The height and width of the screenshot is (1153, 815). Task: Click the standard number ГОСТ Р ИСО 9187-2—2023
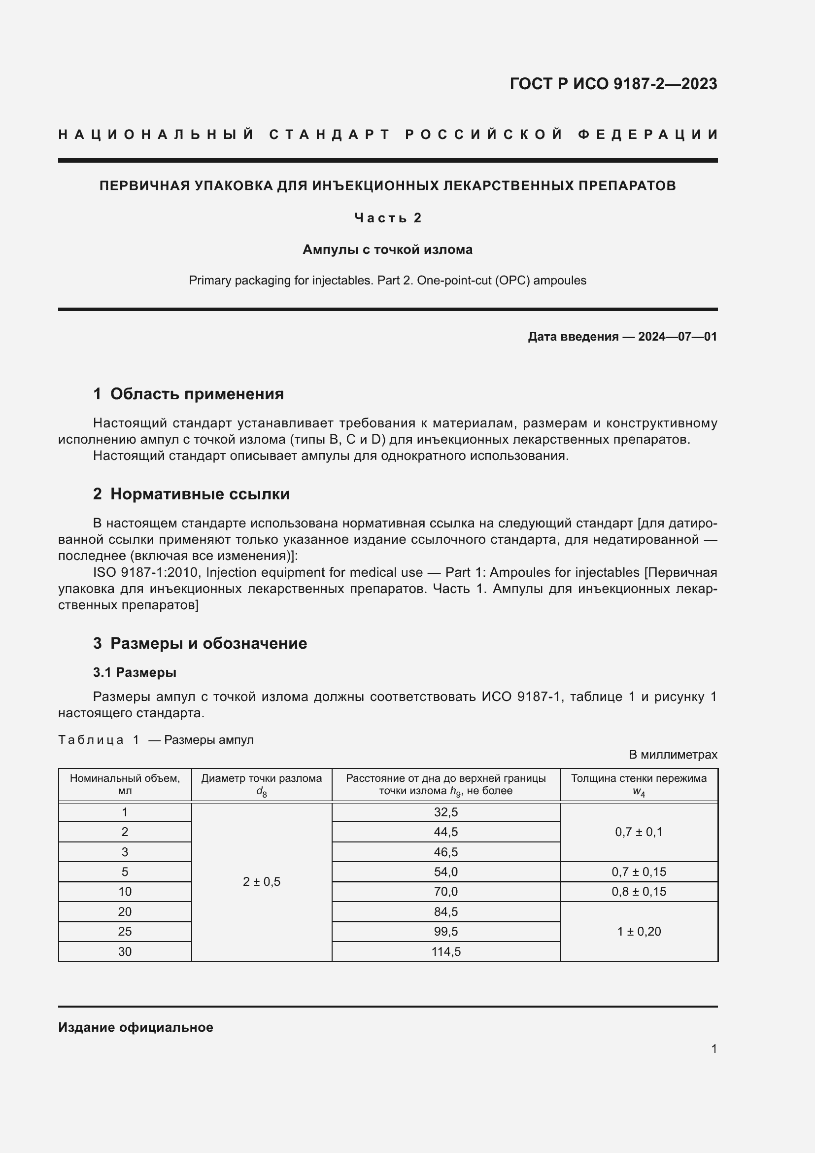pos(613,84)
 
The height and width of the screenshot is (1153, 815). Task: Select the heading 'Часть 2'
pos(388,218)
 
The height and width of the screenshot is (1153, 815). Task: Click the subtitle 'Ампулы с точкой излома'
pos(387,249)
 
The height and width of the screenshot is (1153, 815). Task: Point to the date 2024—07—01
pos(678,337)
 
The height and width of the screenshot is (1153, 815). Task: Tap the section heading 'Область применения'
pos(197,394)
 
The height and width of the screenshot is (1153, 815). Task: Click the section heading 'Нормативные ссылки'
pos(200,494)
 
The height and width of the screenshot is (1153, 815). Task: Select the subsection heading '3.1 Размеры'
pos(135,672)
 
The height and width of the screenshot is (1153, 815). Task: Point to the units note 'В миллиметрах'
pos(673,755)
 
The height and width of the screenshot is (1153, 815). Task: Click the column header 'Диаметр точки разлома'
pos(262,779)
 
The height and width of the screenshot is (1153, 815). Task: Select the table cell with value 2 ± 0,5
pos(262,882)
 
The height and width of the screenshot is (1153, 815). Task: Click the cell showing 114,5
pos(445,951)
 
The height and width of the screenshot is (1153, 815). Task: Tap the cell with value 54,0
pos(445,873)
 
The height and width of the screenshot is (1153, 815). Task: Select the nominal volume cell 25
pos(125,932)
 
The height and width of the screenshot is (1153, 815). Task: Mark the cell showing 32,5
pos(445,812)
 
